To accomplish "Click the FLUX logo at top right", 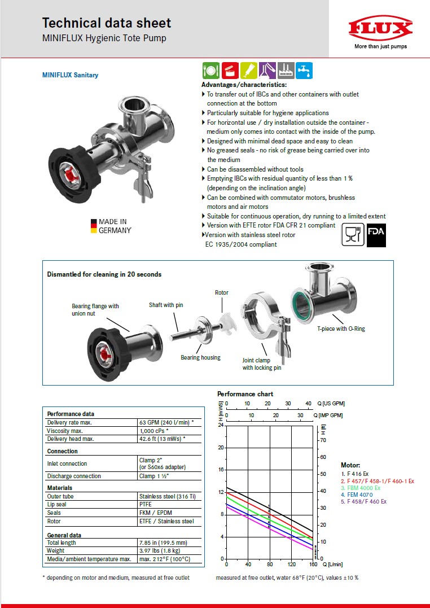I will (380, 29).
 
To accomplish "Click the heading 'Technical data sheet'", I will (107, 23).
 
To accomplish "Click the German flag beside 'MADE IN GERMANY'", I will (93, 226).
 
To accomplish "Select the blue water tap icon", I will (304, 71).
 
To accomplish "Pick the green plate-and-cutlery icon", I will (210, 71).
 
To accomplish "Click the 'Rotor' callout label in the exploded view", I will (222, 292).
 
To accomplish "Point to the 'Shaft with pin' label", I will (166, 305).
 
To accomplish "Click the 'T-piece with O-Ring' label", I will (340, 329).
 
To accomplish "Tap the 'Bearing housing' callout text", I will (200, 357).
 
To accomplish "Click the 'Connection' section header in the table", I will (62, 451).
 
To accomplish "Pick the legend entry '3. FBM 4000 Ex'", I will (363, 488).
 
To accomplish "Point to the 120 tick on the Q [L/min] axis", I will (291, 565).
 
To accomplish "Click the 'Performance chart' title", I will (245, 394).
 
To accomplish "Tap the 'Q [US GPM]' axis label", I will (331, 403).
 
